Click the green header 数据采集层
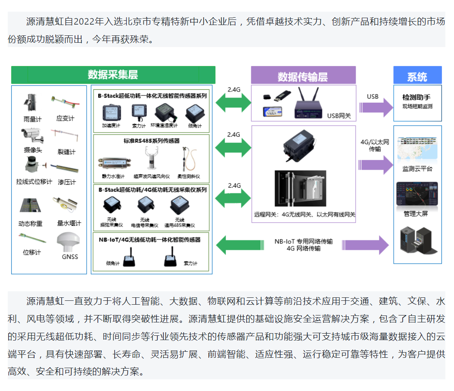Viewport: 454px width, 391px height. tap(113, 74)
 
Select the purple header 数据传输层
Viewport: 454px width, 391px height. tap(303, 76)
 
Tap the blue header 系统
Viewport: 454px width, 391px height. tap(417, 76)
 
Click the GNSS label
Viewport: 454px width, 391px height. tap(70, 257)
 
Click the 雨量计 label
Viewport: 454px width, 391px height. tap(32, 119)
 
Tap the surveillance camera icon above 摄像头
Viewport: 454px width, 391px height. tap(32, 135)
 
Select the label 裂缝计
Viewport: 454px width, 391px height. tap(66, 151)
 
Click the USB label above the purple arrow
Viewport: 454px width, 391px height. tap(373, 97)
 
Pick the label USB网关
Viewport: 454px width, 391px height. tap(339, 116)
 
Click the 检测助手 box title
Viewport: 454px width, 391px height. tap(416, 98)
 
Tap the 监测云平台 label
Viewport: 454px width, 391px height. tap(417, 169)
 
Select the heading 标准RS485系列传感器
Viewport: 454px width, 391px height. tap(151, 141)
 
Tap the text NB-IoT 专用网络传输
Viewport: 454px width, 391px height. tap(304, 242)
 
